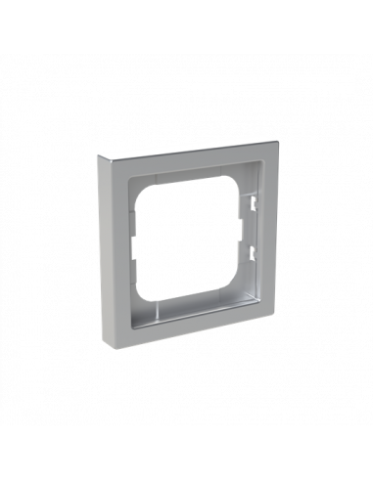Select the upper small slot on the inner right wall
tap(251, 206)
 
